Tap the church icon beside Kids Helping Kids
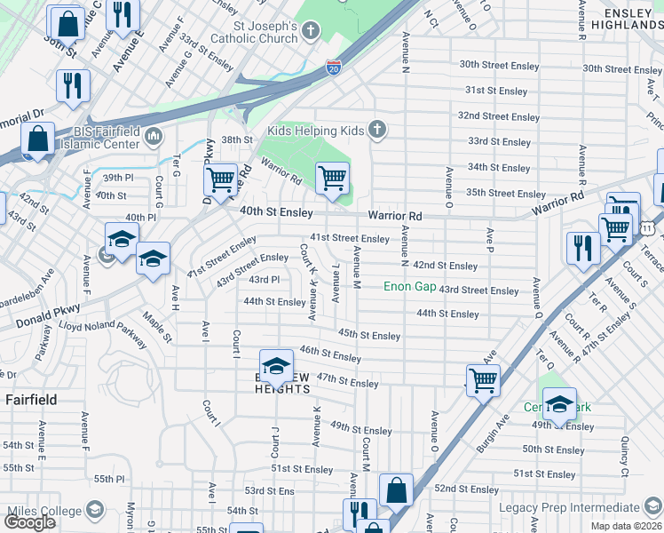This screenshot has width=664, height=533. point(377,131)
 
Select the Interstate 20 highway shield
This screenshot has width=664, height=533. point(332,68)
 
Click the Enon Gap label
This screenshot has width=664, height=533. point(409,287)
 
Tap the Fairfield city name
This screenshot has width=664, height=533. point(30,400)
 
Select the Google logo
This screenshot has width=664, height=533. point(29,522)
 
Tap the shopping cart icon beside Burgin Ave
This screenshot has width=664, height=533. point(483,380)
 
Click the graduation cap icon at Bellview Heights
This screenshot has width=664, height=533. point(276,365)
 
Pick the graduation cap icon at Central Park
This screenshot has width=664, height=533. point(559,403)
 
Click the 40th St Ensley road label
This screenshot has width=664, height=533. point(276,212)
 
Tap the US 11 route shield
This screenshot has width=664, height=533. point(649,228)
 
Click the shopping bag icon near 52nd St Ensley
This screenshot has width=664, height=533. point(396,489)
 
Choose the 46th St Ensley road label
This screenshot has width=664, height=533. point(330,354)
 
